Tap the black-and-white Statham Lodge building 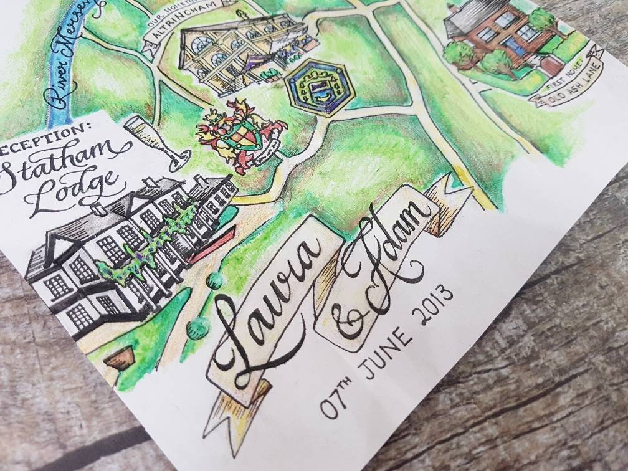[x=125, y=249]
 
